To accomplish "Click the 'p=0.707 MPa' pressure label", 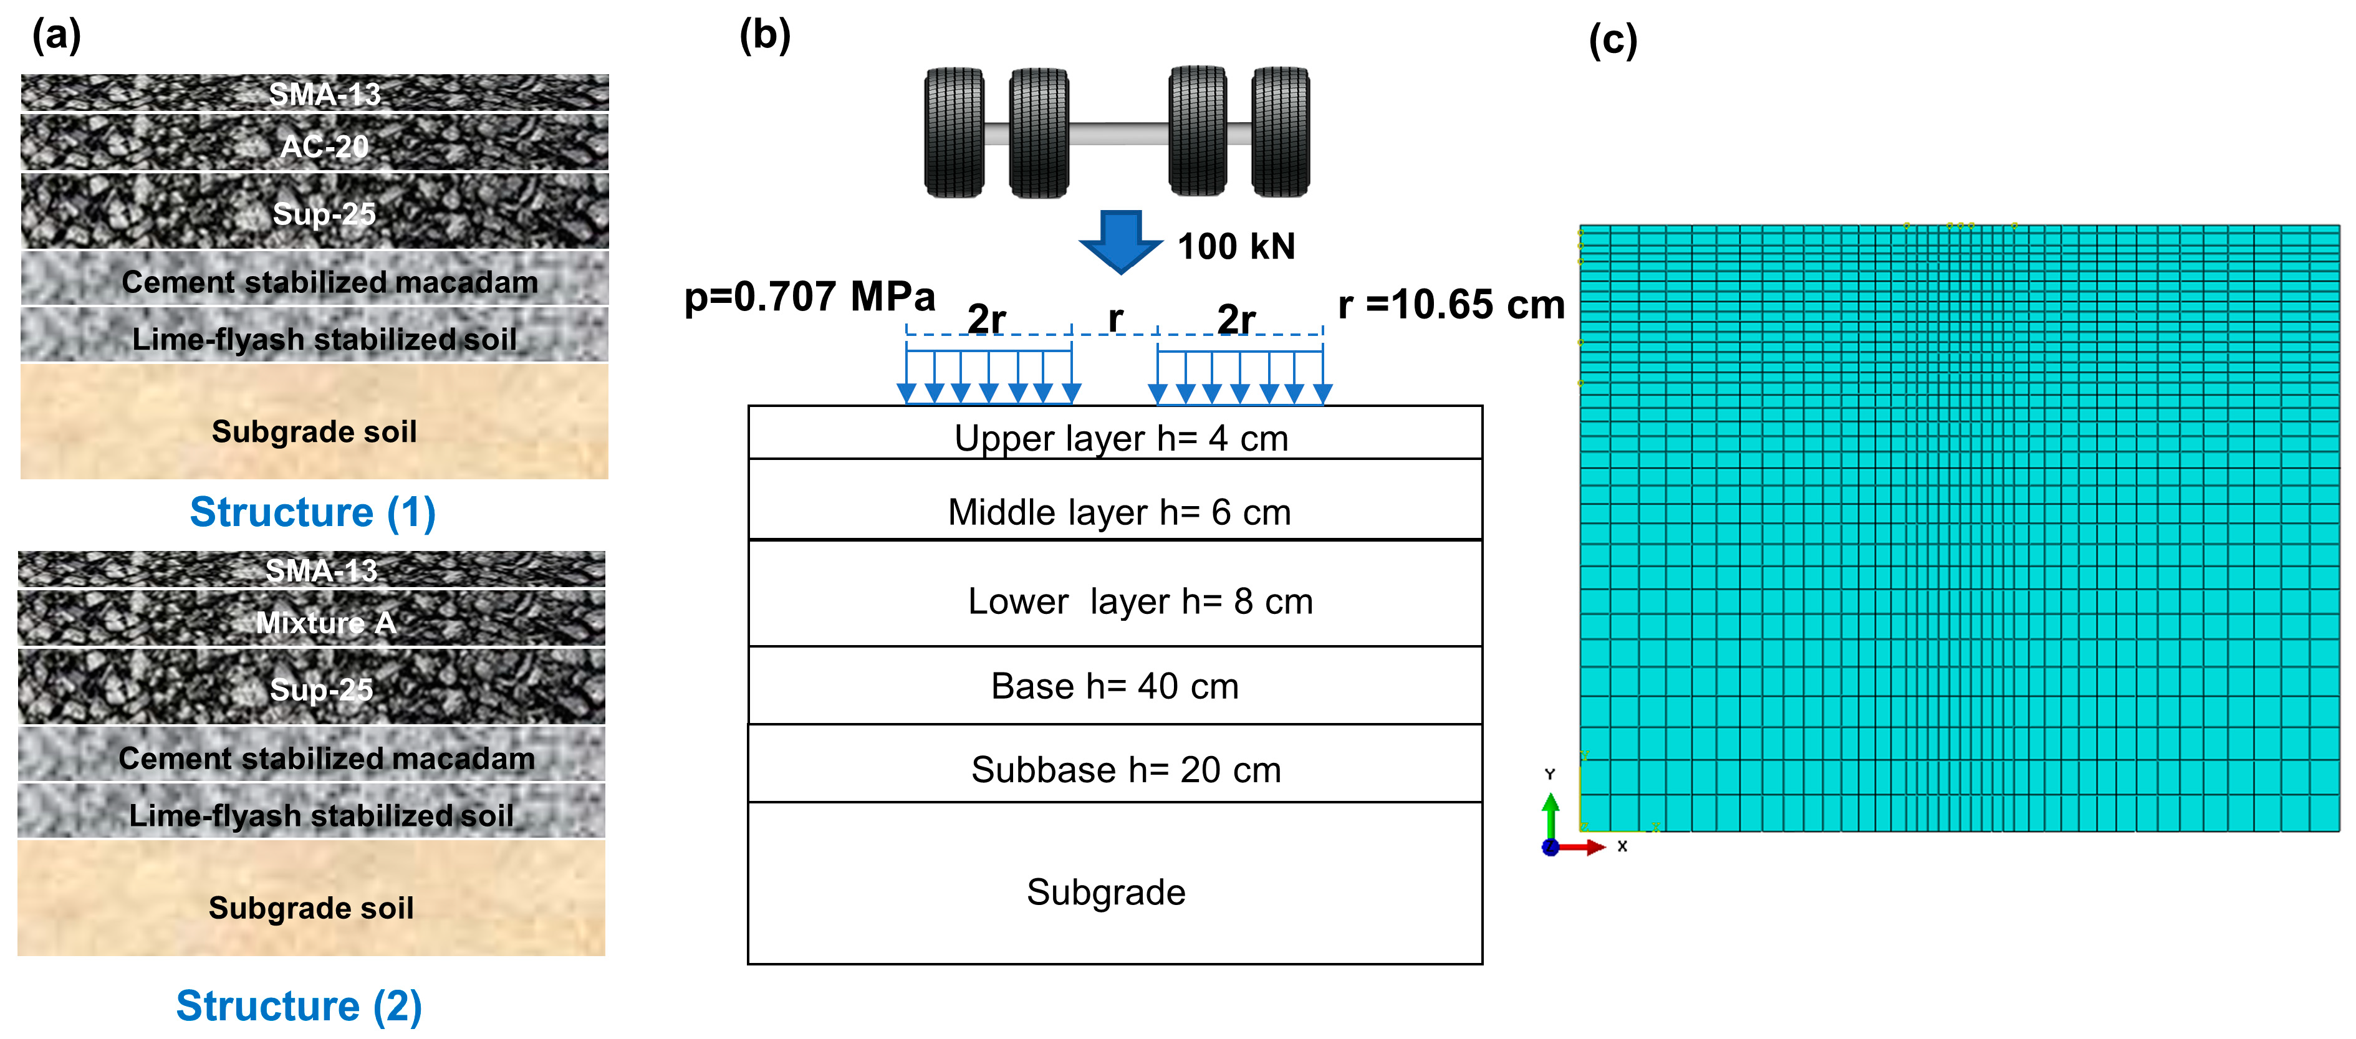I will [x=809, y=296].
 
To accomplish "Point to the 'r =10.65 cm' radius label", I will [x=1451, y=305].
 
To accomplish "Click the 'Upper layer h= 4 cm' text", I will [x=1122, y=438].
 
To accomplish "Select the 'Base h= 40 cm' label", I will [x=1115, y=686].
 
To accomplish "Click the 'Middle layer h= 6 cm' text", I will [x=1120, y=512].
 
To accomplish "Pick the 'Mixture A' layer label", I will [x=325, y=623].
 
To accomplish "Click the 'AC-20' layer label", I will [x=325, y=146].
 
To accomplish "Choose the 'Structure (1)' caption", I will [x=313, y=512].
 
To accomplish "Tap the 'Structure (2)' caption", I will [x=299, y=1006].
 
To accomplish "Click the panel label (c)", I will [x=1612, y=41].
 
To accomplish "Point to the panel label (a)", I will [x=57, y=36].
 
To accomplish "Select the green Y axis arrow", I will [x=1551, y=814].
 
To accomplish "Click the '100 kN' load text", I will [x=1236, y=246].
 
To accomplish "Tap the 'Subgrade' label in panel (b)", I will [x=1106, y=892].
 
